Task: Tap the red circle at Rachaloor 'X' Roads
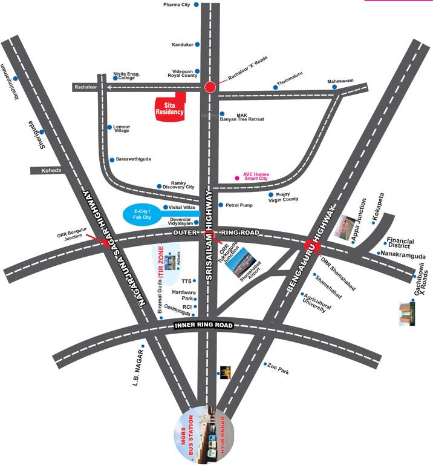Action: point(210,87)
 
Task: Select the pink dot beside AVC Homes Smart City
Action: point(237,179)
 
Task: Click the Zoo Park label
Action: point(278,368)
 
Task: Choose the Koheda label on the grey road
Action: point(51,171)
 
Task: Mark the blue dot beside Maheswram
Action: point(334,87)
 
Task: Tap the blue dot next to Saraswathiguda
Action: point(111,160)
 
